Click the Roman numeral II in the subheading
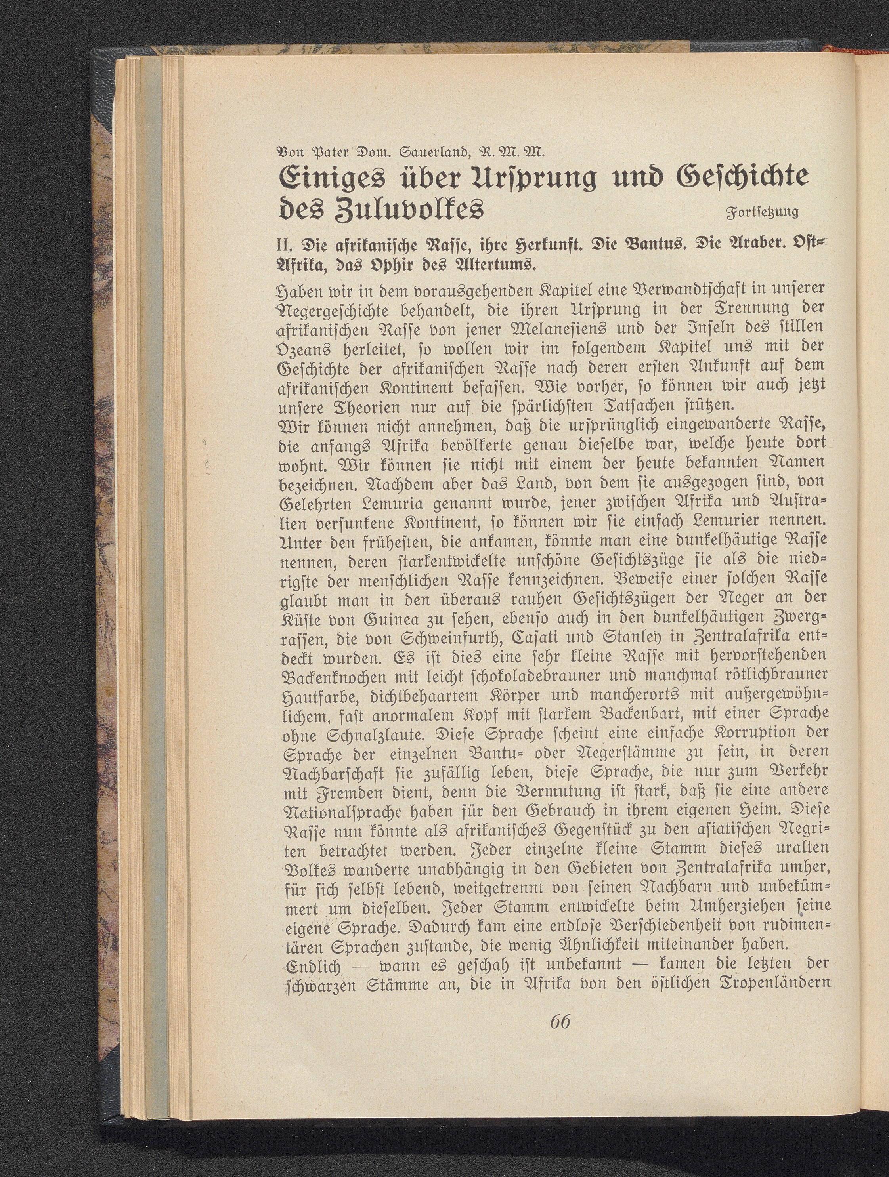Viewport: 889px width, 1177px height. click(x=284, y=247)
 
